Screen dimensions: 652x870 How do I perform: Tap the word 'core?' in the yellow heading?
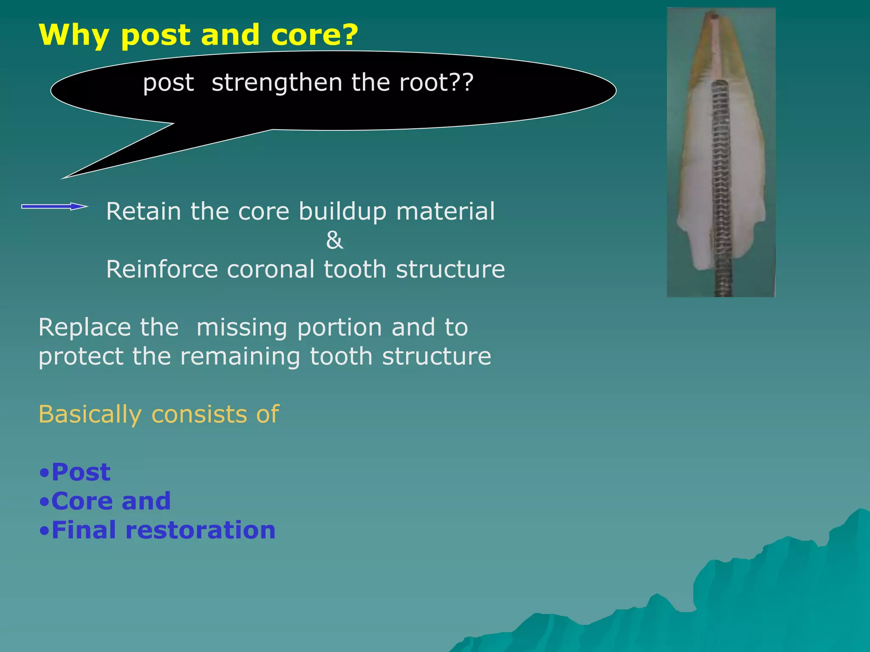(x=314, y=35)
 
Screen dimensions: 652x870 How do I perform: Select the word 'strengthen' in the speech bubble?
(x=277, y=82)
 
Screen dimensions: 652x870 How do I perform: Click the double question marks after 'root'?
(x=462, y=82)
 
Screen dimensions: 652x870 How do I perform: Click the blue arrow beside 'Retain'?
(x=54, y=207)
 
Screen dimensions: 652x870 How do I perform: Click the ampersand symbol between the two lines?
(x=334, y=240)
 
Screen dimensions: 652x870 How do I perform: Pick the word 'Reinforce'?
(x=162, y=269)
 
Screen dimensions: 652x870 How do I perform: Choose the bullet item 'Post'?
(x=81, y=472)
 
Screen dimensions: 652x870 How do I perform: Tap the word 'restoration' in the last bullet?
(x=200, y=530)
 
